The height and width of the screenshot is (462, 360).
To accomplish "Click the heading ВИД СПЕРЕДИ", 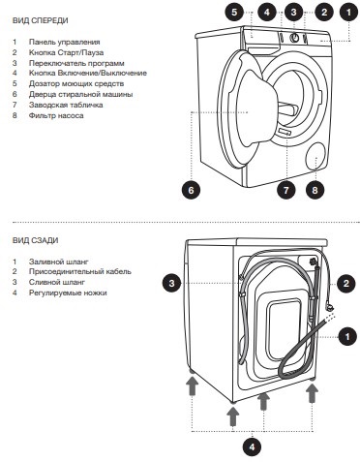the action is click(x=41, y=20).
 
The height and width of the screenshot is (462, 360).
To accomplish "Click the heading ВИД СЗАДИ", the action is click(x=36, y=240).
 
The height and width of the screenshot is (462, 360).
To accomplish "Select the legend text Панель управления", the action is click(x=64, y=42).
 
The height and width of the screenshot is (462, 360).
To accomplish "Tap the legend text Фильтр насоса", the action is click(x=56, y=115).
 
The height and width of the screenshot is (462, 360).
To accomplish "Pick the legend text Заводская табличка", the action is click(x=66, y=105).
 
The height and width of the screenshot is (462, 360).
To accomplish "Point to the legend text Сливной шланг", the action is click(x=57, y=282).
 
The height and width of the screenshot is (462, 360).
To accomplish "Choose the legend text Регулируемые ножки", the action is click(x=68, y=293).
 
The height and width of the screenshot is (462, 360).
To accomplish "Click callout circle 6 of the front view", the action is click(x=191, y=190).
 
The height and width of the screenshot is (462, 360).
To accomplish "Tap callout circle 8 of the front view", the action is click(x=315, y=190).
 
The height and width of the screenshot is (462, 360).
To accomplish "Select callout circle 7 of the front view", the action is click(x=286, y=190).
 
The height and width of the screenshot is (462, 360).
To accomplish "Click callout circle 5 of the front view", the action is click(x=234, y=13).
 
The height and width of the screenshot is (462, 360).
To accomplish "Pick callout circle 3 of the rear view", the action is click(x=172, y=284).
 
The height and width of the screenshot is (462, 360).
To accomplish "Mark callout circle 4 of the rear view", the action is click(x=252, y=447).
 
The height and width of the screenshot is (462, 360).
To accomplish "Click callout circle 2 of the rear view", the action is click(x=346, y=284).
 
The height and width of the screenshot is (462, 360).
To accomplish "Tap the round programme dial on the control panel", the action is click(x=294, y=38).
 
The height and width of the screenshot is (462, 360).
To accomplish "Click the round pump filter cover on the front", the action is click(x=316, y=156).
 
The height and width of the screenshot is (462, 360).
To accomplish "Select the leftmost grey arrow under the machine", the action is click(x=193, y=386).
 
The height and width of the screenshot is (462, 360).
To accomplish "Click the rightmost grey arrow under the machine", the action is click(x=312, y=393).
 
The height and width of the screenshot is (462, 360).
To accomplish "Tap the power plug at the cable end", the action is click(x=330, y=307).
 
